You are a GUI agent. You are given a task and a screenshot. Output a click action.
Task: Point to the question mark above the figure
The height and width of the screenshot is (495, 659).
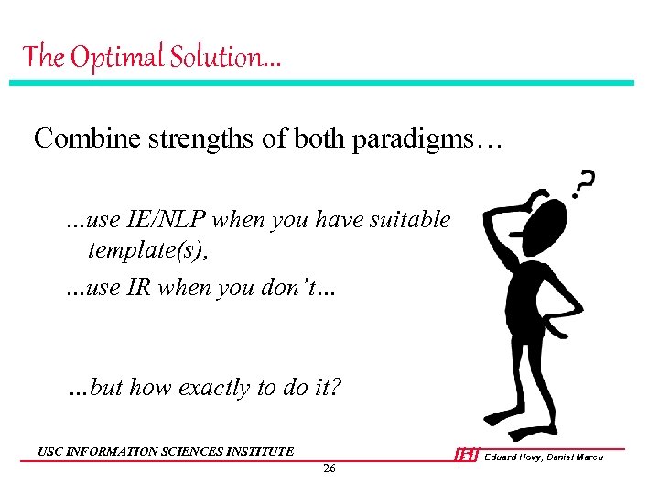(582, 184)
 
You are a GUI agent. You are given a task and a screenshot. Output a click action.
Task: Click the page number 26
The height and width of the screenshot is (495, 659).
(329, 469)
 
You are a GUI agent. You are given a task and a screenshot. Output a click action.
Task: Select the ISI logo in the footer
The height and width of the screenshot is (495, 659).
(467, 456)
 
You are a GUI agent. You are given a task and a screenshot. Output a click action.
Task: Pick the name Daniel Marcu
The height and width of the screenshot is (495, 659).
(577, 456)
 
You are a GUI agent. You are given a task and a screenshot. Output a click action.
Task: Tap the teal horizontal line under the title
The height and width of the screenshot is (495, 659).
(320, 82)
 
